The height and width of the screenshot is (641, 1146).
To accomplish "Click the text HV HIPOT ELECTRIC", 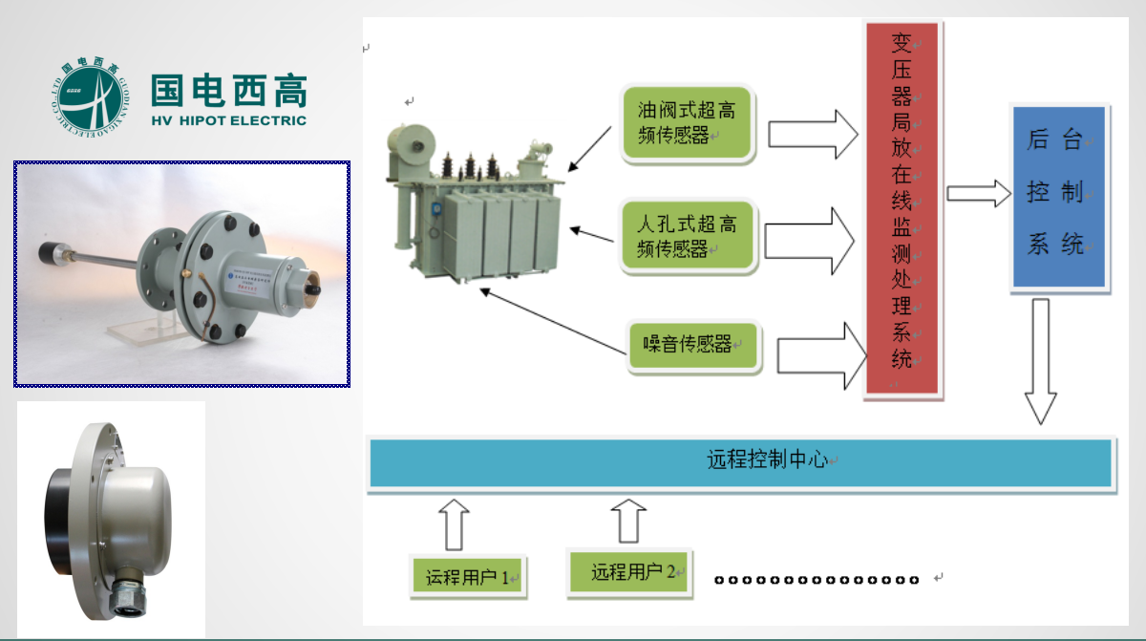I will [229, 121].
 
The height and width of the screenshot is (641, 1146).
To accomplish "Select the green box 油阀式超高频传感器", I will [687, 123].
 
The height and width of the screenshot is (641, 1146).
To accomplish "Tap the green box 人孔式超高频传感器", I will [687, 237].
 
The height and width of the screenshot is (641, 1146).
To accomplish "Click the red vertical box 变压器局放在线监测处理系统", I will [902, 210].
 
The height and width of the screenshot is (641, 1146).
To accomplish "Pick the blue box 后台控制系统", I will [1056, 195].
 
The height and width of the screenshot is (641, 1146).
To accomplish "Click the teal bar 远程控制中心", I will [741, 462].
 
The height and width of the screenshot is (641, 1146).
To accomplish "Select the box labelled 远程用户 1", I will [468, 577].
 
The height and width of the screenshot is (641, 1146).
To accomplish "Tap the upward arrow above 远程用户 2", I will [628, 521].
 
